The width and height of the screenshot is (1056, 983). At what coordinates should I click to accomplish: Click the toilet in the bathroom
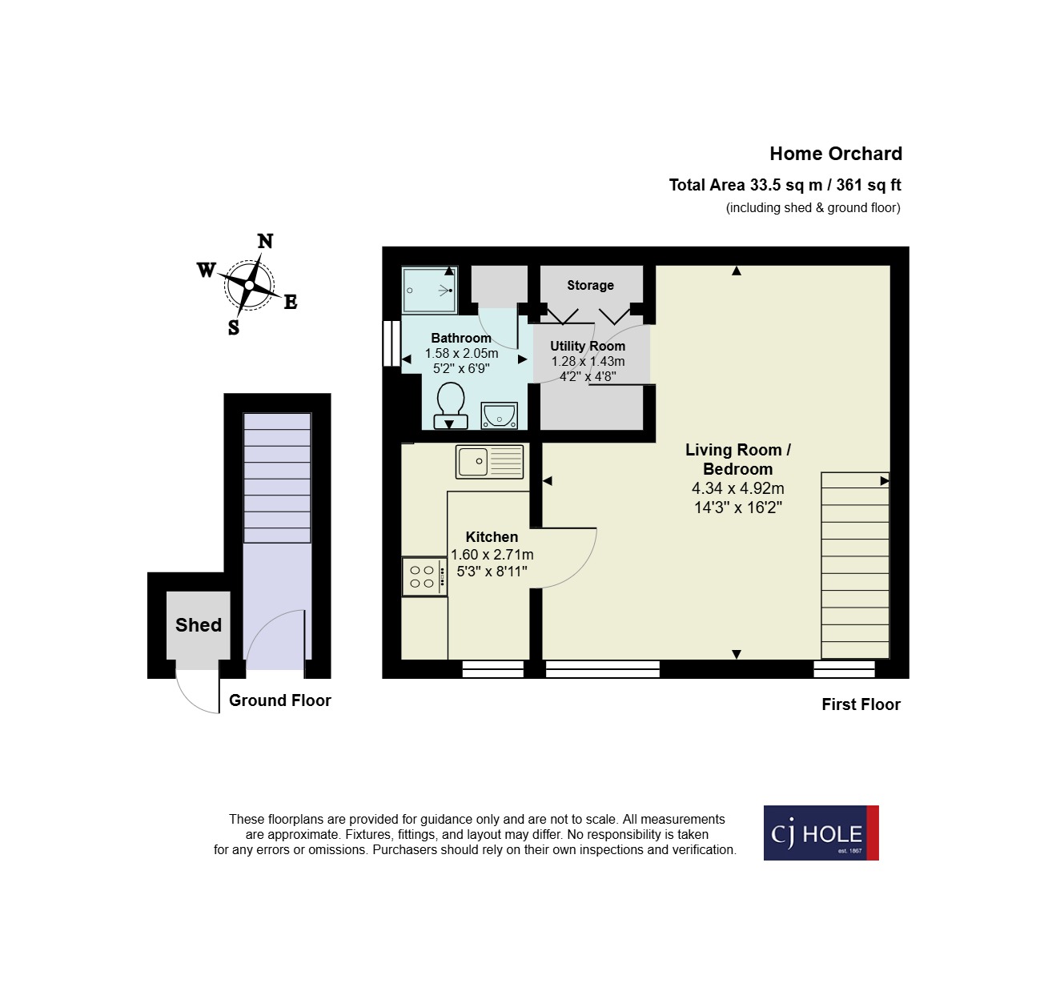451,404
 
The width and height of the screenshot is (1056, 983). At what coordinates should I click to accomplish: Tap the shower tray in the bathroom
429,290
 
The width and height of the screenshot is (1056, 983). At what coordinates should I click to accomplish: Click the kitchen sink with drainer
489,462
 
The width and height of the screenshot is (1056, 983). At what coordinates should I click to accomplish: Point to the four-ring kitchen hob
424,576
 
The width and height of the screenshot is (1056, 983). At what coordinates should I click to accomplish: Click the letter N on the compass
265,241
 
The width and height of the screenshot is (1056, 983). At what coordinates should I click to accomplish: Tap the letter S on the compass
234,327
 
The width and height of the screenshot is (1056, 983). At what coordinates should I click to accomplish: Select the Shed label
199,625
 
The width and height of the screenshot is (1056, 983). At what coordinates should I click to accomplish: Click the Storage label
590,285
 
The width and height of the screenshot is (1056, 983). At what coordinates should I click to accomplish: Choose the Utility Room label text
588,346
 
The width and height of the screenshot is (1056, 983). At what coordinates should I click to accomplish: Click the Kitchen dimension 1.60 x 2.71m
492,555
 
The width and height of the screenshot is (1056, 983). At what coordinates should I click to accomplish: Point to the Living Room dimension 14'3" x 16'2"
737,508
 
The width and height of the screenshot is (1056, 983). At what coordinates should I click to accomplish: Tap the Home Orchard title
835,154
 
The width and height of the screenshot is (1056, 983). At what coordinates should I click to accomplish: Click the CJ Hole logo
821,833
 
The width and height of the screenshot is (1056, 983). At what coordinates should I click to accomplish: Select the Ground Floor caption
279,700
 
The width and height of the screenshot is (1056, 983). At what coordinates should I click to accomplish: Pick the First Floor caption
861,704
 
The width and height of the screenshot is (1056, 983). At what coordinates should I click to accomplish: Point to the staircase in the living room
855,565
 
